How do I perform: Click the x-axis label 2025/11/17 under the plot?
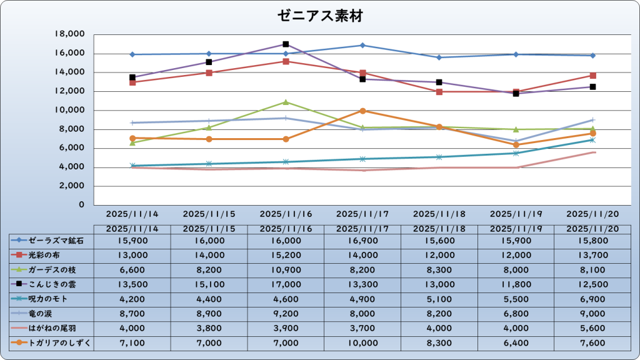click(x=362, y=214)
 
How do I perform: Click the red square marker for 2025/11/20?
click(x=592, y=76)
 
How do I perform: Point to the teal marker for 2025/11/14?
click(x=132, y=166)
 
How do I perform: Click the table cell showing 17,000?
click(x=286, y=284)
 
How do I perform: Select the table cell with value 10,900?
click(x=286, y=269)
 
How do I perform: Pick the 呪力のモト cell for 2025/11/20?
click(x=592, y=299)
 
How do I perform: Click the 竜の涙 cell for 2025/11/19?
click(x=516, y=313)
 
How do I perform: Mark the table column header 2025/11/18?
click(x=439, y=229)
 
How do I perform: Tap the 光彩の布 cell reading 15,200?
click(x=286, y=255)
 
